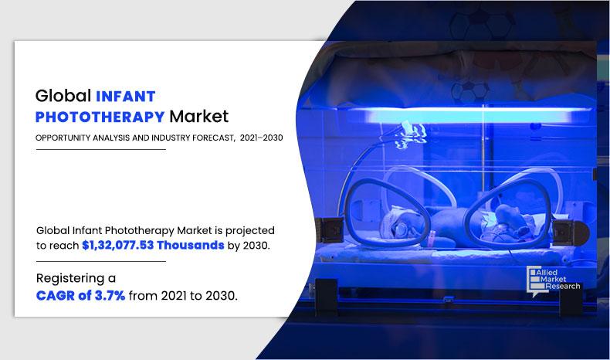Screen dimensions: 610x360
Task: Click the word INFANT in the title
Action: pos(126,96)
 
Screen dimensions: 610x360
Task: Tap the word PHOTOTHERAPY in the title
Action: pos(100,117)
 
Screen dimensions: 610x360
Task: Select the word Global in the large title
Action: pos(63,96)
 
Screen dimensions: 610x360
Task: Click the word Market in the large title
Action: pos(198,117)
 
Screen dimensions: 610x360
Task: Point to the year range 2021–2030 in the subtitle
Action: pos(262,138)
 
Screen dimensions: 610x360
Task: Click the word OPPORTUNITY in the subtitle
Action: pos(63,138)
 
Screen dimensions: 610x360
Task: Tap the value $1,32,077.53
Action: pos(118,245)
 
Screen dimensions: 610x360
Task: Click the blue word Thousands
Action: pos(191,245)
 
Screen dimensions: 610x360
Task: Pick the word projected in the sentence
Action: pos(250,231)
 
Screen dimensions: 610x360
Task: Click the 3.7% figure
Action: pos(110,296)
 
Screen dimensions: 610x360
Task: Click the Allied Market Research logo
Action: pos(553,281)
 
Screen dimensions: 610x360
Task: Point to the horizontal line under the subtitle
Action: pos(100,149)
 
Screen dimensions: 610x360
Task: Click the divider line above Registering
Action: pos(100,262)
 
